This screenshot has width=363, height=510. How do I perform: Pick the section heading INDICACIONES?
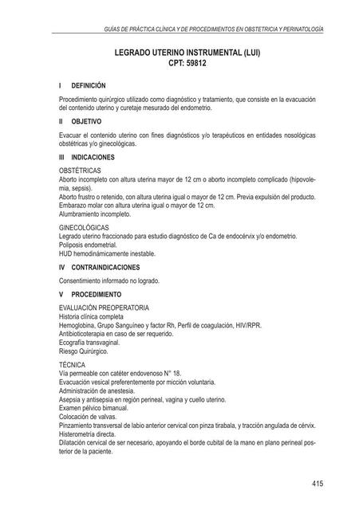coord(93,158)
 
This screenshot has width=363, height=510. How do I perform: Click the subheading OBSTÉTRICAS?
coord(80,171)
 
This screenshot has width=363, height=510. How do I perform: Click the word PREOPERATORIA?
coord(124,307)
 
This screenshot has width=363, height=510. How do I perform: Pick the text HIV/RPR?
coord(247,325)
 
